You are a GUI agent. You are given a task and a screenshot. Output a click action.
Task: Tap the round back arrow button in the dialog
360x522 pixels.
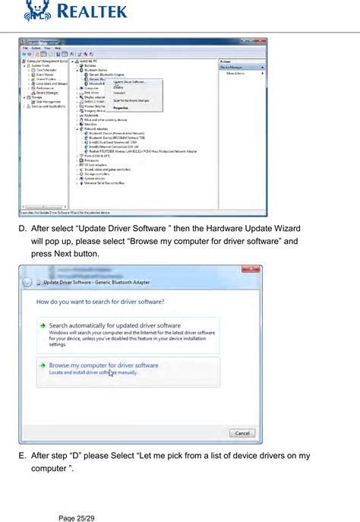27,283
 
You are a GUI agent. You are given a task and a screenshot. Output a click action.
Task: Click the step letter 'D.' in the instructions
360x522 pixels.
23,228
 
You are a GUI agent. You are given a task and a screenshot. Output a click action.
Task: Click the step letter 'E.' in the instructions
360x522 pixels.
23,456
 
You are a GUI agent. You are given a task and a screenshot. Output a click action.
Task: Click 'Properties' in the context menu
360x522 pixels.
120,107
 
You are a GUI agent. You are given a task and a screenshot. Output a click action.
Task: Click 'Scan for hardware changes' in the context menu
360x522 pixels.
131,100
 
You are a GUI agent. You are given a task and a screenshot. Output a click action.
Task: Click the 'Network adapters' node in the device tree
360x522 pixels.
96,128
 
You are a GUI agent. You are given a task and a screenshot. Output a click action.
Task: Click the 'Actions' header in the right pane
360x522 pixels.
226,62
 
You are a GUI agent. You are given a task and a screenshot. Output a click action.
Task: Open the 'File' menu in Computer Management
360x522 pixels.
25,48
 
